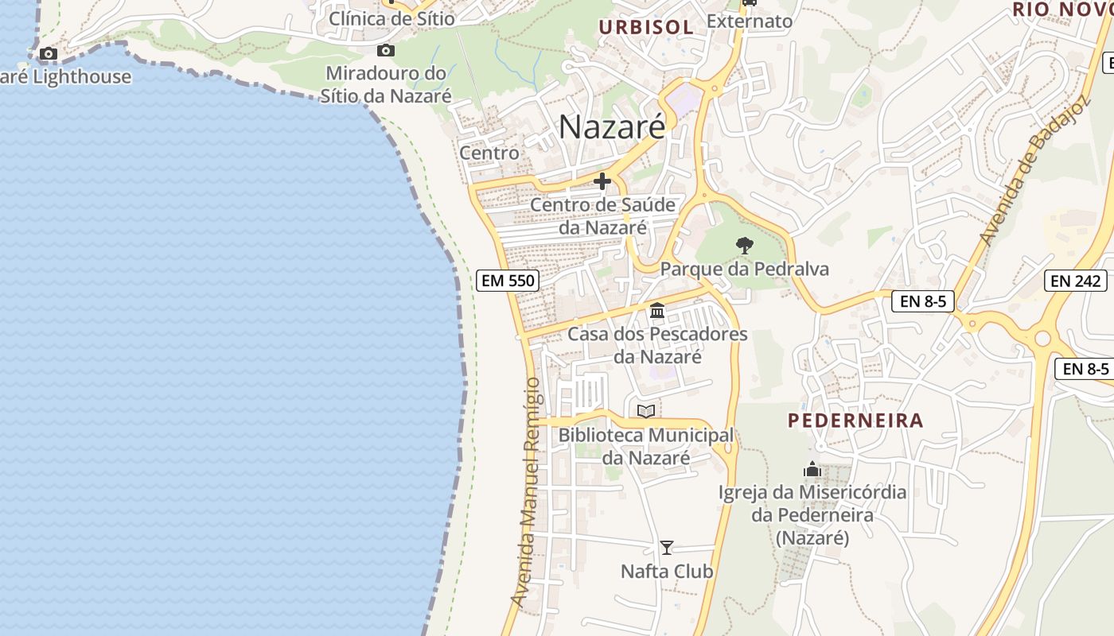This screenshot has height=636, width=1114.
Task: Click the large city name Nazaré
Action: pos(611,126)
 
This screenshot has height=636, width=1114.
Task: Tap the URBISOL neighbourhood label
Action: pos(646,27)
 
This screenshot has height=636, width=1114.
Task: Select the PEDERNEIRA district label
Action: pos(855,421)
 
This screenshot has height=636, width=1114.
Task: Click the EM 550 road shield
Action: pos(508,281)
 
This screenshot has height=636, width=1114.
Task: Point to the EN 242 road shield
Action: pos(1076,281)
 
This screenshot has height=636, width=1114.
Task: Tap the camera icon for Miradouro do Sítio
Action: pos(386,51)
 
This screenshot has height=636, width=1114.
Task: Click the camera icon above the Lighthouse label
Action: pos(49,54)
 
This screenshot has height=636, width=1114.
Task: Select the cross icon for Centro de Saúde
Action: pos(602,182)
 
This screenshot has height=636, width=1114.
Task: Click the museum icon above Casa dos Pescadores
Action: pos(657,310)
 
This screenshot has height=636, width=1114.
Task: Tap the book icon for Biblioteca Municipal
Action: pos(646,411)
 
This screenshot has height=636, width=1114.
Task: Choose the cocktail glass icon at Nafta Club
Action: pos(667,548)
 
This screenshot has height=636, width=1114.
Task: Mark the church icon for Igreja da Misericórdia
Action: pos(812,469)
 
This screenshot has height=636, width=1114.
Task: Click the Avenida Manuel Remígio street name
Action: pos(528,493)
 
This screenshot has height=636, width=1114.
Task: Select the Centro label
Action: pos(489,153)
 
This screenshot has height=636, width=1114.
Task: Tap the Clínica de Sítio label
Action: pos(392,18)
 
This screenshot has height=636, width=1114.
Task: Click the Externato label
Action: pos(750,21)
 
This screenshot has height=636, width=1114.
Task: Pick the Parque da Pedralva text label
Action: pos(745,270)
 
